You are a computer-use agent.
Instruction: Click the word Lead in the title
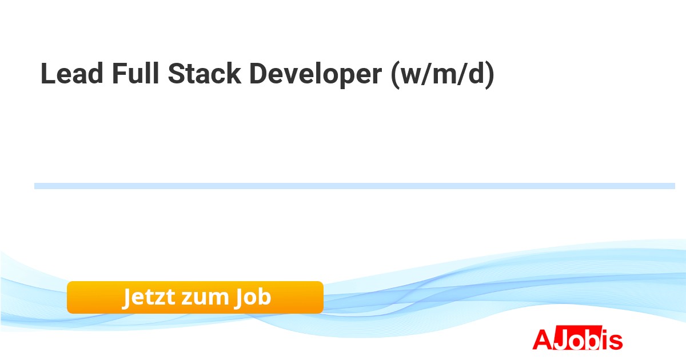pyautogui.click(x=72, y=74)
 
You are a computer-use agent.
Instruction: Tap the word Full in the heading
pyautogui.click(x=135, y=73)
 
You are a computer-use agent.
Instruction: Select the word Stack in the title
pyautogui.click(x=204, y=74)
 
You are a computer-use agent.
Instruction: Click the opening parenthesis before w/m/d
pyautogui.click(x=396, y=75)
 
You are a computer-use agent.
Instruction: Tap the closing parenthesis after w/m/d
pyautogui.click(x=490, y=75)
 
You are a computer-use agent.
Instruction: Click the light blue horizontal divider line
pyautogui.click(x=354, y=186)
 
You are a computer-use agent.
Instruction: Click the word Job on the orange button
pyautogui.click(x=252, y=297)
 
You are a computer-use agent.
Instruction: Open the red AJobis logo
pyautogui.click(x=577, y=338)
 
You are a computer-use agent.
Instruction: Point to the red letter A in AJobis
pyautogui.click(x=543, y=339)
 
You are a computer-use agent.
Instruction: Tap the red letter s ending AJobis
pyautogui.click(x=616, y=341)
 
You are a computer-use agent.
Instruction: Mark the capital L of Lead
pyautogui.click(x=48, y=74)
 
